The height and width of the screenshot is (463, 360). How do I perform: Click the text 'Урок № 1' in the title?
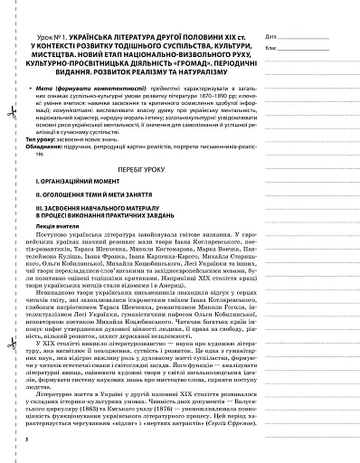(43, 12)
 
